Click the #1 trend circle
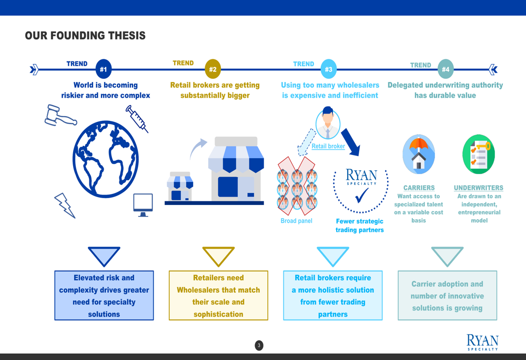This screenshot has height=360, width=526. (x=104, y=69)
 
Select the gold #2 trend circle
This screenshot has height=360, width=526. (x=213, y=69)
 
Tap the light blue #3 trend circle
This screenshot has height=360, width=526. (x=328, y=69)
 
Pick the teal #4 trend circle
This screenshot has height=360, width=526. (x=446, y=69)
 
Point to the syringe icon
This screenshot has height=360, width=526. (x=137, y=118)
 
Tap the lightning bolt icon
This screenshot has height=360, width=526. (x=65, y=205)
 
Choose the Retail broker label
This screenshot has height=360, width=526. (x=328, y=146)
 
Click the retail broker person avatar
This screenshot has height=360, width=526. (x=328, y=124)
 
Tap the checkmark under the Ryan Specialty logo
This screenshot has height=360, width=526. (x=362, y=196)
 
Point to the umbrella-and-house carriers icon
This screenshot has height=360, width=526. (x=419, y=154)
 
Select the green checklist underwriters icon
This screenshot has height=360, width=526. (x=479, y=154)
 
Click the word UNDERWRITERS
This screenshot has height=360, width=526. (x=479, y=188)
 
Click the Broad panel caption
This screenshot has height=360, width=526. (x=296, y=221)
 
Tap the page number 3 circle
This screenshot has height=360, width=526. (x=259, y=345)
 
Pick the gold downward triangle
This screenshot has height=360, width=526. (x=218, y=256)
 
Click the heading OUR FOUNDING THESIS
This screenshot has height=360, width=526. (x=85, y=36)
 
